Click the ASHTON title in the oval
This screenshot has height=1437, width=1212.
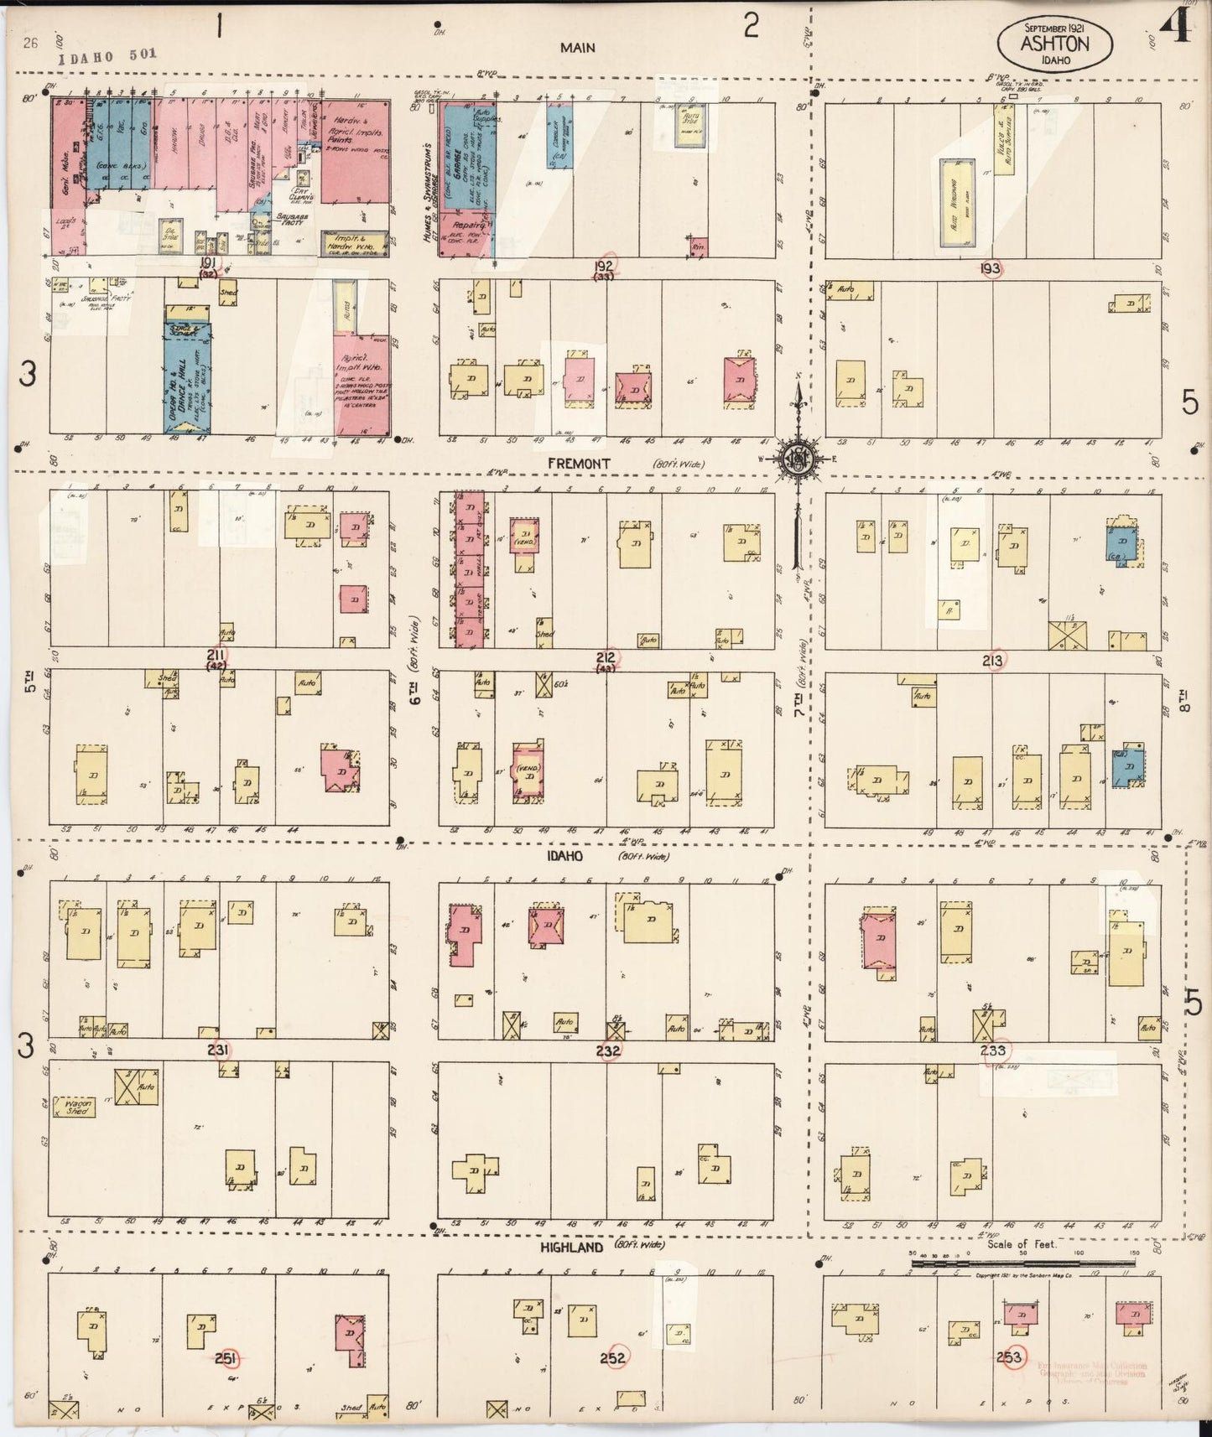1054,43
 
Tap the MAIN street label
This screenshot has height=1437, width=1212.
578,48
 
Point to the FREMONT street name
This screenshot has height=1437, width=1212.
579,463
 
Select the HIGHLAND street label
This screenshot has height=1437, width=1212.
572,1248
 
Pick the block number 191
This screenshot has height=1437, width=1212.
207,263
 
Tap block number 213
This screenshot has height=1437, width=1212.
992,661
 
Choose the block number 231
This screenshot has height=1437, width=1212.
220,1050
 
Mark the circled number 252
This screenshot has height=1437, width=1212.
614,1357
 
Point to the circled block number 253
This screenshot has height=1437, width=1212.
1010,1357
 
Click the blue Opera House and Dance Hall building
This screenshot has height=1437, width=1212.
187,377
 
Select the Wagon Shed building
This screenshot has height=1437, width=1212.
74,1108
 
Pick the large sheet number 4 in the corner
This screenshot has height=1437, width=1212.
1176,29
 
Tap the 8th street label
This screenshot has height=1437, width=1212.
1183,698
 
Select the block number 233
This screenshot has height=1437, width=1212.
993,1050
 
